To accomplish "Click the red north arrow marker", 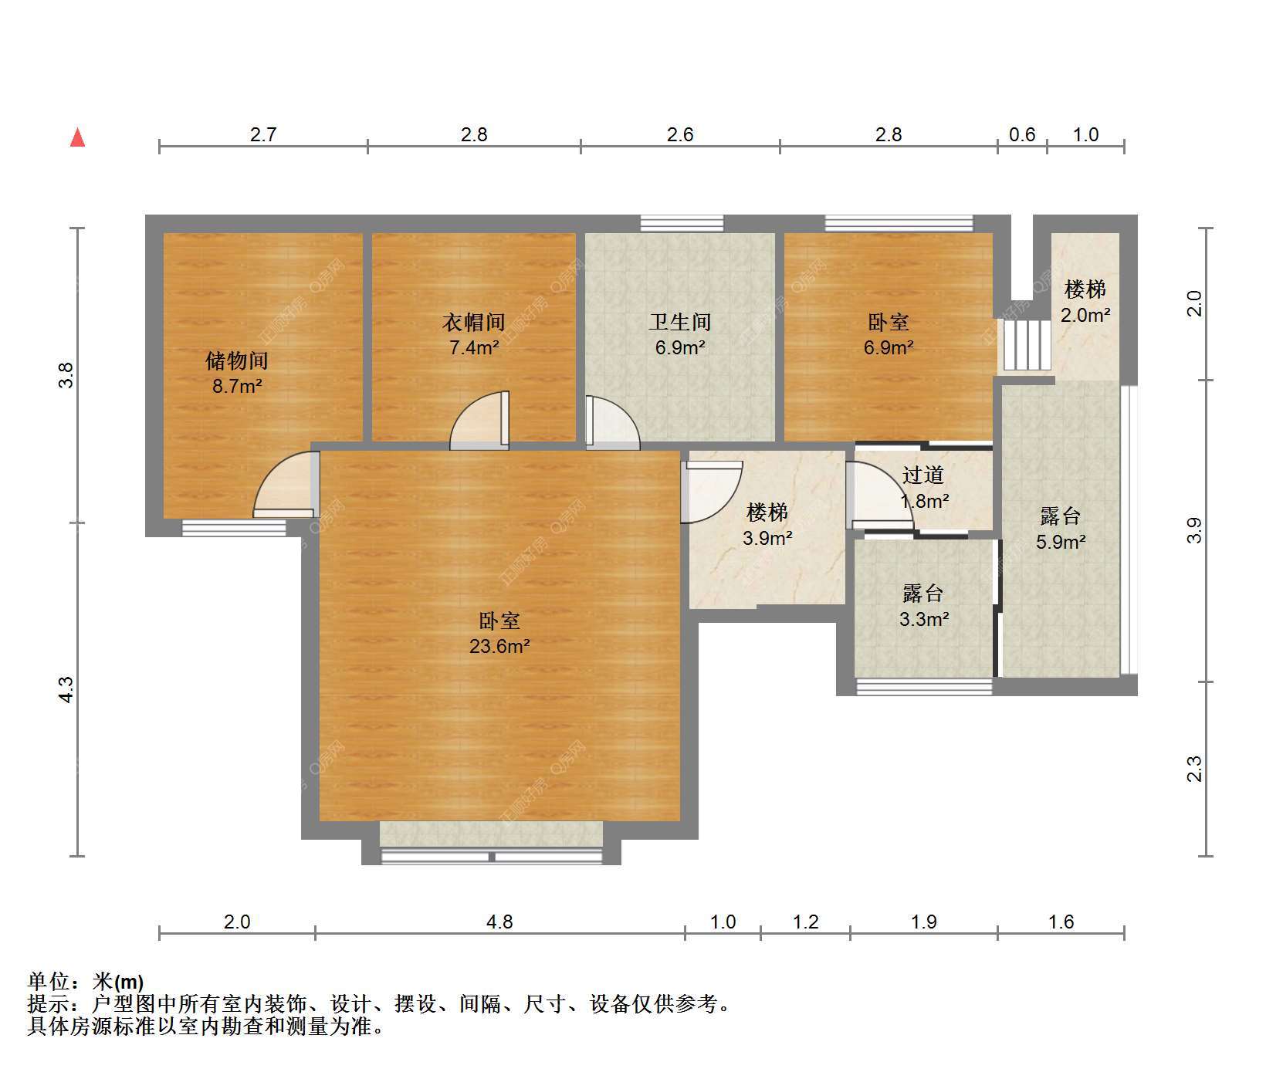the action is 77,137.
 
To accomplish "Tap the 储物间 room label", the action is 236,360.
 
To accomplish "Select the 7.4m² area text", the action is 474,347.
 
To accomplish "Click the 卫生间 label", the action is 679,322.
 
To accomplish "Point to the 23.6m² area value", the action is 499,646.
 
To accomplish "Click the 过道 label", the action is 923,475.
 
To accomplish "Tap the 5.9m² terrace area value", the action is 1061,542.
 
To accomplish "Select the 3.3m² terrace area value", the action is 924,619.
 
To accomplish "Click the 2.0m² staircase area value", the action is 1085,315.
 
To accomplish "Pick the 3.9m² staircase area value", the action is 767,538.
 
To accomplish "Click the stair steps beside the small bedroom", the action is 1026,346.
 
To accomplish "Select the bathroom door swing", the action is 613,422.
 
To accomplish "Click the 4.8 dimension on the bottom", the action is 499,922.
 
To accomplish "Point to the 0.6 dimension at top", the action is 1022,134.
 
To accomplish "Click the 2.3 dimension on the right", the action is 1194,769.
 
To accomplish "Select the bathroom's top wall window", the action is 682,224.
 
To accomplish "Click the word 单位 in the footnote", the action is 49,982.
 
